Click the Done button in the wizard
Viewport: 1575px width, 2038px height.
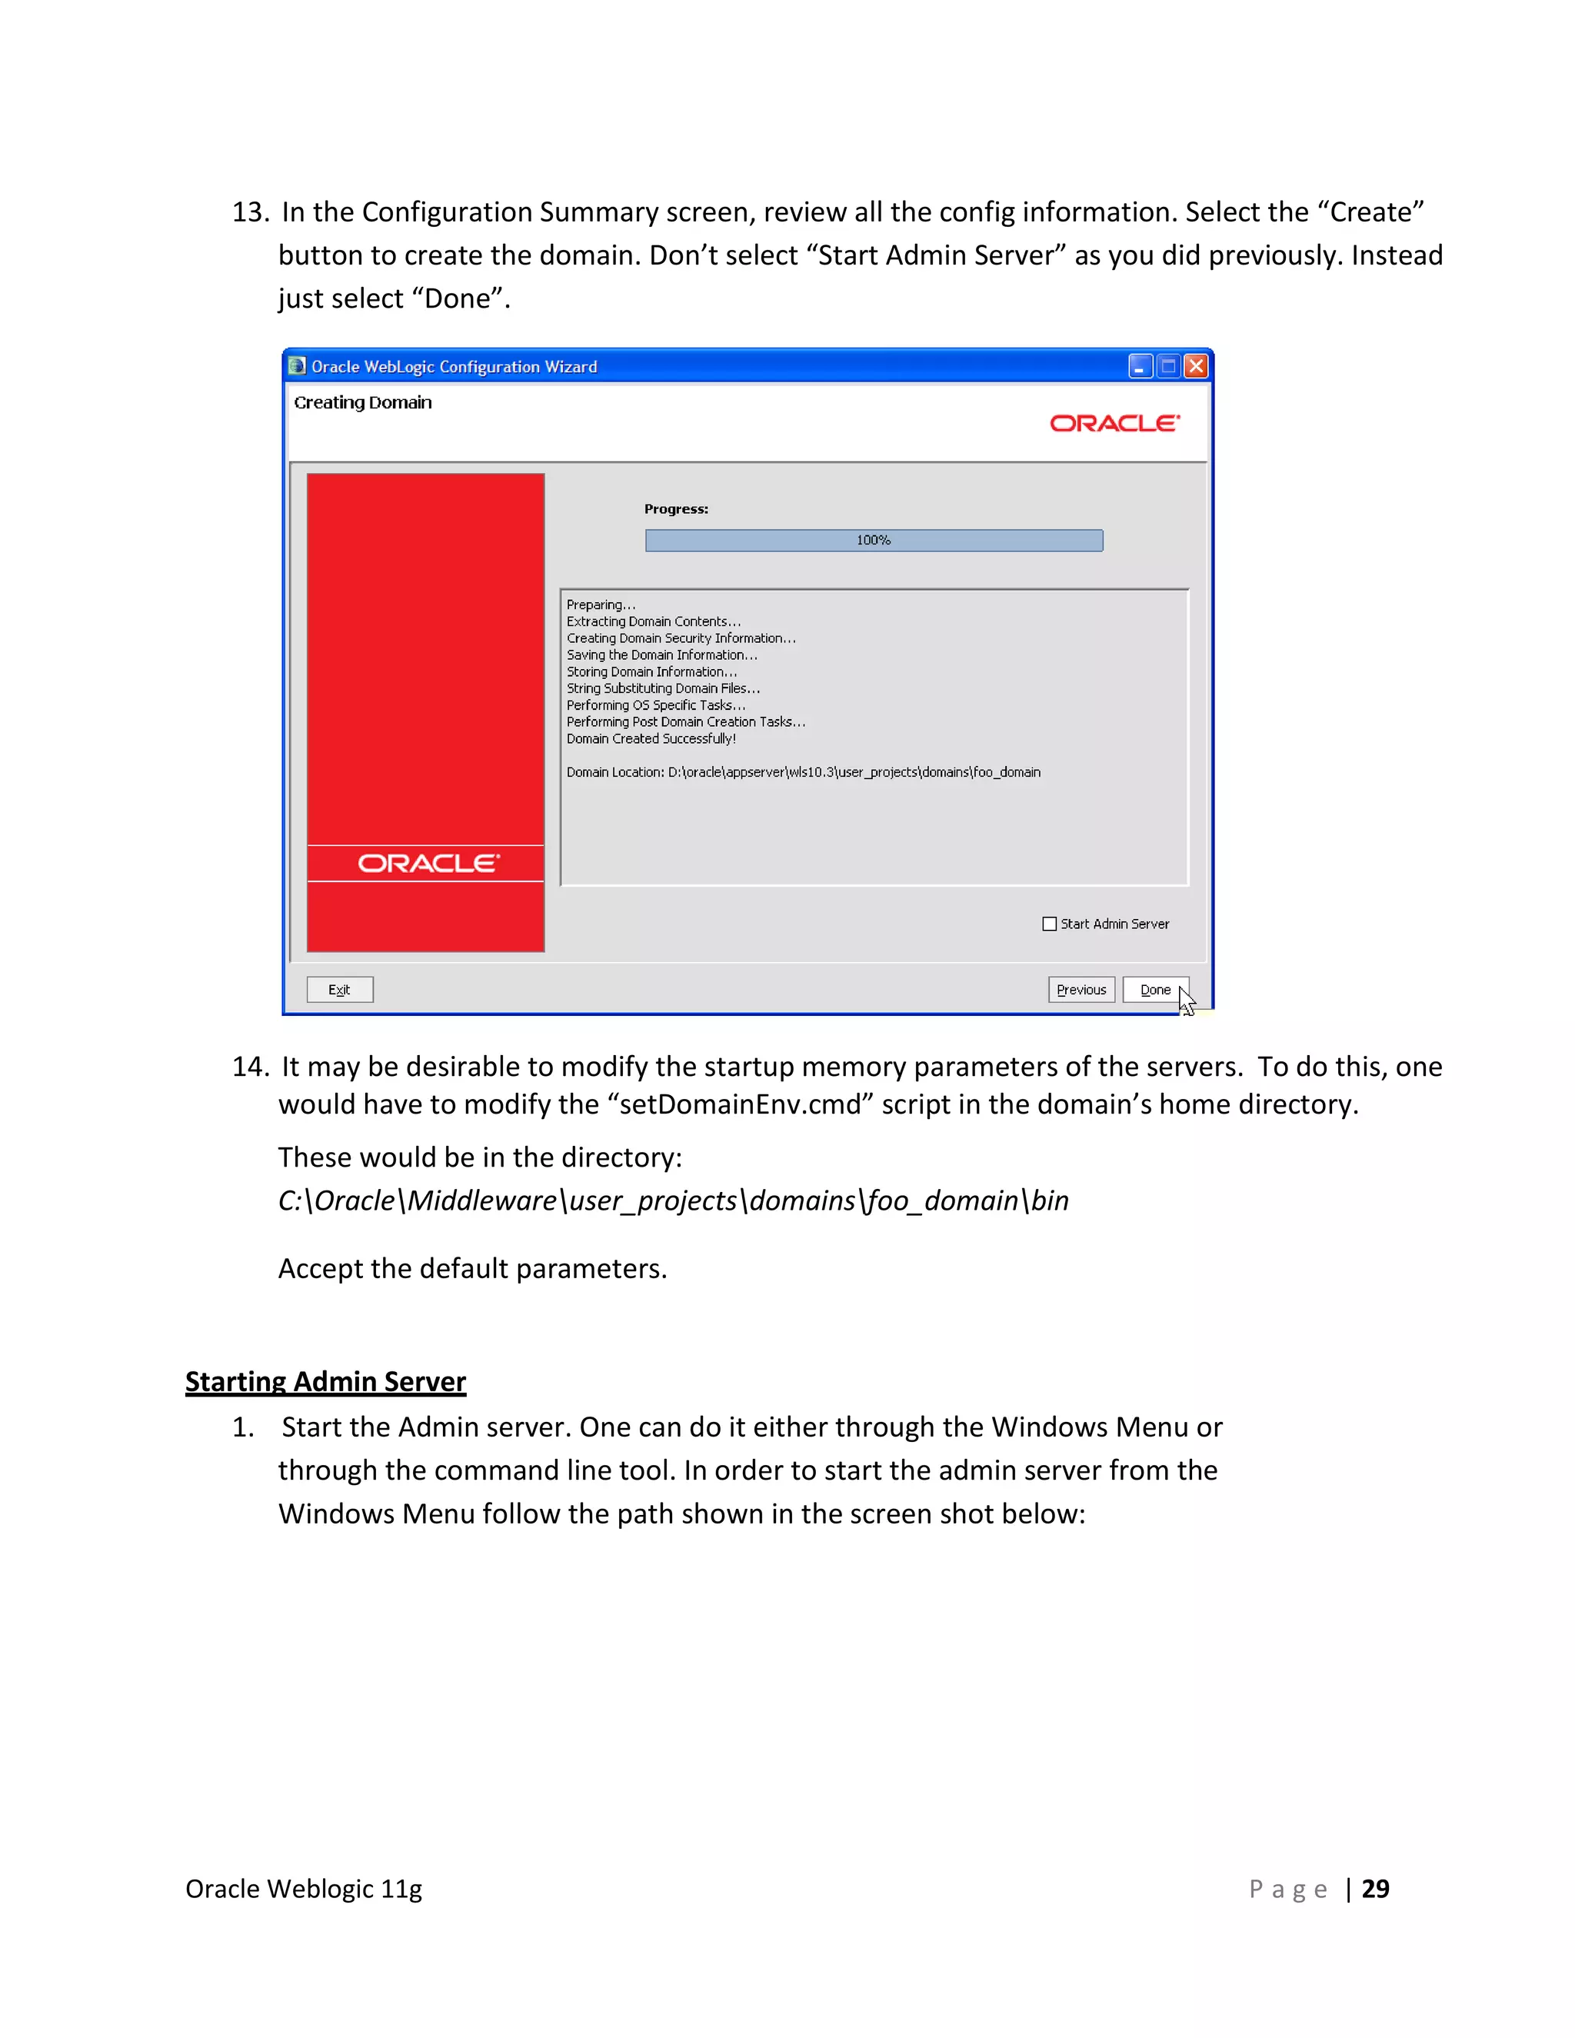(1155, 989)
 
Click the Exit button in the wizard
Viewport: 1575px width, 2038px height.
(340, 989)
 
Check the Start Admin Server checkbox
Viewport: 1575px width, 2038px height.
(1050, 924)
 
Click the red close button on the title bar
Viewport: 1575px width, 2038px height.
(1196, 366)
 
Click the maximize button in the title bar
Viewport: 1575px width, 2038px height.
(1168, 366)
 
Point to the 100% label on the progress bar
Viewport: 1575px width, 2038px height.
(874, 541)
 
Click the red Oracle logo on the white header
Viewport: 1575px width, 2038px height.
(1115, 424)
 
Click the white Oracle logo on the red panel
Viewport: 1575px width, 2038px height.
(428, 863)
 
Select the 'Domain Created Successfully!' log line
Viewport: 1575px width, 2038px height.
(651, 739)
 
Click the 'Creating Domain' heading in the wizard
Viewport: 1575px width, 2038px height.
(363, 402)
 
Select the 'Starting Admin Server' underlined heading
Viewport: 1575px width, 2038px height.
(325, 1381)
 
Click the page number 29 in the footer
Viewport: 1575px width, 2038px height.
(1375, 1889)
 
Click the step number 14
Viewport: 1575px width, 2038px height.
(250, 1067)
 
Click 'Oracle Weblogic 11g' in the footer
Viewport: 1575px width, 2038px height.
(305, 1889)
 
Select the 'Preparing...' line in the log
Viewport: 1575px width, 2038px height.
(601, 604)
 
